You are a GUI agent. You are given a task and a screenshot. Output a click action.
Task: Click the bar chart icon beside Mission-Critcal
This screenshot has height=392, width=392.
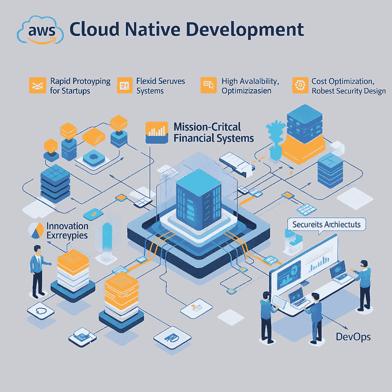click(x=157, y=132)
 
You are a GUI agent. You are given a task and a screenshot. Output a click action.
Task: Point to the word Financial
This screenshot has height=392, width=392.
click(x=193, y=138)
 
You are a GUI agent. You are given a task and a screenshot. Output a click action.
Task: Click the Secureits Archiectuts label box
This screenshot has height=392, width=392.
click(x=326, y=224)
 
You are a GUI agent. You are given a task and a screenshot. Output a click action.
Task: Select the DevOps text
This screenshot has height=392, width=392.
click(x=353, y=337)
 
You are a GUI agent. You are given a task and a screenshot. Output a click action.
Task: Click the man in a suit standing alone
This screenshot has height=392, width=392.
click(x=37, y=270)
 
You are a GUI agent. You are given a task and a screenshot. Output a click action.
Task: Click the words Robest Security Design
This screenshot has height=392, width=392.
click(x=348, y=91)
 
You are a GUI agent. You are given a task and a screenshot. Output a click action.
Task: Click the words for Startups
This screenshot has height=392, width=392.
click(x=70, y=91)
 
